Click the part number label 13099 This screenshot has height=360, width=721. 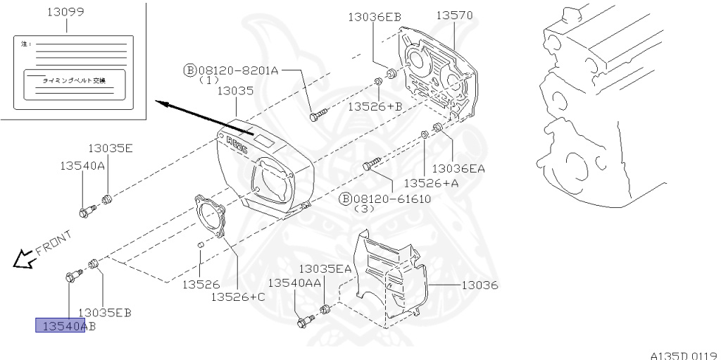click(x=65, y=13)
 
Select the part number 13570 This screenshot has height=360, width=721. click(x=453, y=15)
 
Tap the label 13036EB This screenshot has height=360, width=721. click(x=374, y=16)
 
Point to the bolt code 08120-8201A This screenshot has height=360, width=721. click(x=239, y=70)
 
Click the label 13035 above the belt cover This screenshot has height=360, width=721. click(x=235, y=91)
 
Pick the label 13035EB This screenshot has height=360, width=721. click(x=104, y=312)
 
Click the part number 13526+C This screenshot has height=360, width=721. click(x=238, y=297)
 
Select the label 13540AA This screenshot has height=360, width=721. click(x=294, y=283)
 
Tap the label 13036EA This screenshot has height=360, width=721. click(x=458, y=168)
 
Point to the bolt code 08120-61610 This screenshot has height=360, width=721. click(x=391, y=199)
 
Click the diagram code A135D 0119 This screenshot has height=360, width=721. click(x=683, y=355)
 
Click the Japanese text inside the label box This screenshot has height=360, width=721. click(x=74, y=81)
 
